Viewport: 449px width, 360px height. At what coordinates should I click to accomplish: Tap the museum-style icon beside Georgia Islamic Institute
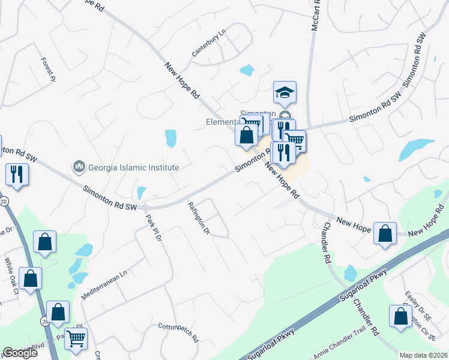[78, 166]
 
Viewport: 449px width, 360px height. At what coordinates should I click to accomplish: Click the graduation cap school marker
[285, 92]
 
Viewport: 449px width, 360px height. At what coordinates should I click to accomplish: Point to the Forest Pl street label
[48, 69]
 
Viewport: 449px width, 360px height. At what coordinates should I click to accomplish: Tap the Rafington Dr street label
[198, 218]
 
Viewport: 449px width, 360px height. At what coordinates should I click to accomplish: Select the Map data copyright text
[423, 355]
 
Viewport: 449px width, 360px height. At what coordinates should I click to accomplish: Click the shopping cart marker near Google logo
[76, 339]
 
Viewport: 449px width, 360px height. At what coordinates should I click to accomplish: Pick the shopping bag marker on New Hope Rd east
[385, 233]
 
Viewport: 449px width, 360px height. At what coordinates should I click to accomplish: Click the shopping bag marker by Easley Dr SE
[400, 316]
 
